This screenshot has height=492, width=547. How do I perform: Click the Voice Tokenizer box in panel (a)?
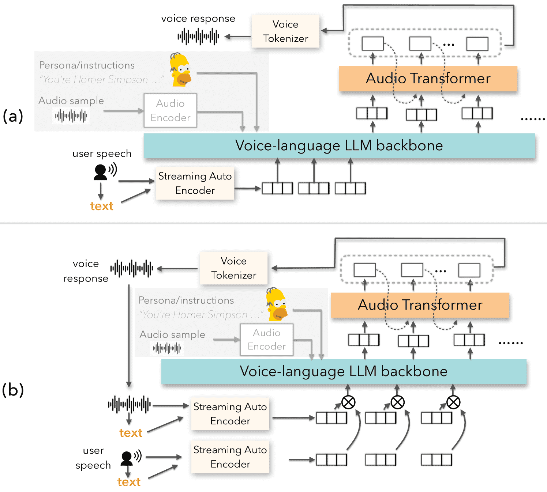(x=285, y=31)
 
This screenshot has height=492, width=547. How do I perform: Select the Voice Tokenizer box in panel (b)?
(x=234, y=268)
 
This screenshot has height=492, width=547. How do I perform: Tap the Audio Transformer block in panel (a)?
(x=428, y=79)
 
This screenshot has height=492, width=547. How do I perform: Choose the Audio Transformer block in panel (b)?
(x=420, y=305)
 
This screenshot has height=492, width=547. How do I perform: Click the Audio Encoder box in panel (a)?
(x=171, y=110)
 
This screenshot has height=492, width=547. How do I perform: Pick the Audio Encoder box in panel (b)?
(x=267, y=340)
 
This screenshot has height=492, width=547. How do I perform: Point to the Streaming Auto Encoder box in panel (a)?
(x=195, y=183)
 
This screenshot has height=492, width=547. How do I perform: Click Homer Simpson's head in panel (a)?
(x=180, y=70)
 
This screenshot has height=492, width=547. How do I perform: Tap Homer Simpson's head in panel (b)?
(x=277, y=304)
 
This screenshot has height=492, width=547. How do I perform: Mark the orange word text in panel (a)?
(x=102, y=206)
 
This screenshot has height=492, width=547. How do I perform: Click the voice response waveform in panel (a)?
(x=198, y=37)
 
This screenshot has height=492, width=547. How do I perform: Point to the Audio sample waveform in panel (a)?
(x=71, y=116)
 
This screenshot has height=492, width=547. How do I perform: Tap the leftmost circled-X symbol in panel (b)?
(x=348, y=402)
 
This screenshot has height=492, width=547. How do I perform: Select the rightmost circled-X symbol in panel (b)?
(x=453, y=402)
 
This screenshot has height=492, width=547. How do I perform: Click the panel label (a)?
(x=12, y=116)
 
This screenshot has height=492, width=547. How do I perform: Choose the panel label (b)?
(x=13, y=390)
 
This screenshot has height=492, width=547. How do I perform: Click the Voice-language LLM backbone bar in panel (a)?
(x=339, y=146)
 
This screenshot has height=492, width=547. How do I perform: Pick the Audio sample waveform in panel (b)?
(x=167, y=348)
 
